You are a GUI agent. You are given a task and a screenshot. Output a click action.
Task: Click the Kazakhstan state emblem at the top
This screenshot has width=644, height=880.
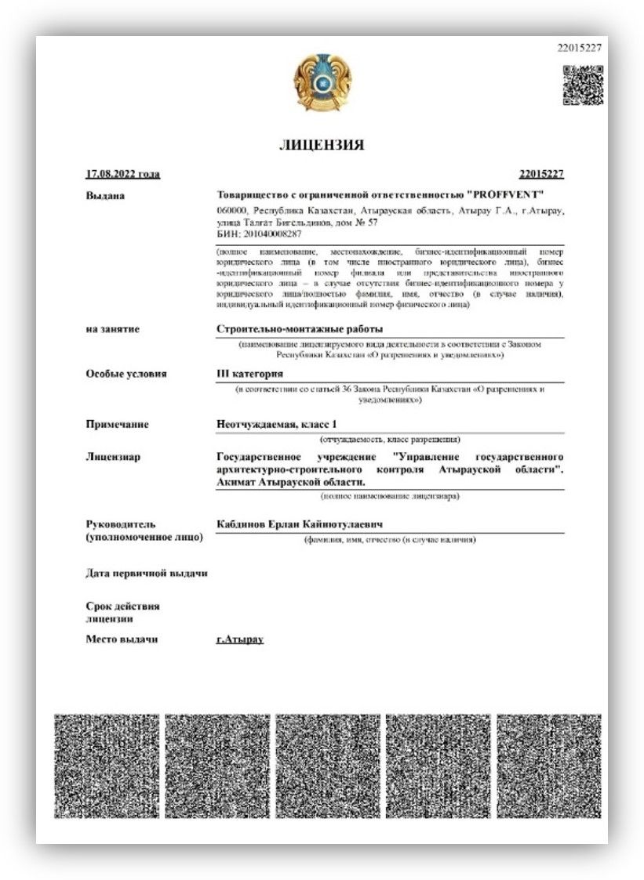[x=322, y=83]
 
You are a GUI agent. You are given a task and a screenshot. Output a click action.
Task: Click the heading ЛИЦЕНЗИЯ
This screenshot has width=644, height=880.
[x=322, y=145]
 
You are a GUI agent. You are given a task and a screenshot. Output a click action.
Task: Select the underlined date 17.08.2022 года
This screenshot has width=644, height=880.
[x=122, y=174]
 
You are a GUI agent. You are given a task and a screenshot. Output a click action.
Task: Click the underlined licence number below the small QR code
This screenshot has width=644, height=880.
[x=541, y=174]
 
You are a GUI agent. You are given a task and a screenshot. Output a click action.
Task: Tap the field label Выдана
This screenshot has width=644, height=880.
[x=105, y=195]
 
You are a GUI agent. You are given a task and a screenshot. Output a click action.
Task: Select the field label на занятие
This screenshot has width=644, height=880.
[x=112, y=329]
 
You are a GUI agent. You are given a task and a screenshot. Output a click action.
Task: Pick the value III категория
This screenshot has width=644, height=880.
[x=249, y=374]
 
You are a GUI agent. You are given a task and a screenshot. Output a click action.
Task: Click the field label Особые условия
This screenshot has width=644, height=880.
[x=126, y=374]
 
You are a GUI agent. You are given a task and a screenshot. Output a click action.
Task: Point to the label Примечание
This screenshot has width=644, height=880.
[x=117, y=424]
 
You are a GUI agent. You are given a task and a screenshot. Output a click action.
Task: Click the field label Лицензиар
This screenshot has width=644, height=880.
[x=113, y=457]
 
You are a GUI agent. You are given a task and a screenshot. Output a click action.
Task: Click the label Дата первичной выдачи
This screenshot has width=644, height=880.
[x=146, y=573]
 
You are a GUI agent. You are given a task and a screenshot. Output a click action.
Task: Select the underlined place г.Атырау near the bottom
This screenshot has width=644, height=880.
[x=240, y=639]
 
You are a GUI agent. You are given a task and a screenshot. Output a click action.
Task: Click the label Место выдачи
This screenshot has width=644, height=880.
[x=121, y=639]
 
